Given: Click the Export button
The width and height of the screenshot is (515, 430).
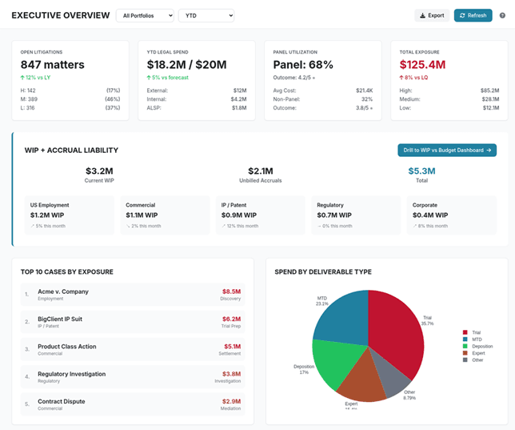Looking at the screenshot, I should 432,15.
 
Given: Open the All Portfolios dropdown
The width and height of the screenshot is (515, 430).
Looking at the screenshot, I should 145,15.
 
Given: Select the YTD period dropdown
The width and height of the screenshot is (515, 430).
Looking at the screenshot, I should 206,15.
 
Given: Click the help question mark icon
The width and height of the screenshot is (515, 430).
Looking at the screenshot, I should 502,15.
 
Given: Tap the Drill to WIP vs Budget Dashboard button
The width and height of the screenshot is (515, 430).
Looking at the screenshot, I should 447,150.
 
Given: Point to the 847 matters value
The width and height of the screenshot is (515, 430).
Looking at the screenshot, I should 53,64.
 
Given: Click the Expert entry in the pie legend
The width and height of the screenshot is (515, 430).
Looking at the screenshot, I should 477,352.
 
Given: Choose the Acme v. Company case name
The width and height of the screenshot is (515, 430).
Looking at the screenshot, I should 63,291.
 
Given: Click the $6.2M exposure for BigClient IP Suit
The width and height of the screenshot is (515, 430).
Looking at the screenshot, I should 230,319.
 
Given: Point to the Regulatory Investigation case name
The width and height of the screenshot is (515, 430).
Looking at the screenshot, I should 71,374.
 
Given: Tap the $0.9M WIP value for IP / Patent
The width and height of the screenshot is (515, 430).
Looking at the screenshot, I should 239,215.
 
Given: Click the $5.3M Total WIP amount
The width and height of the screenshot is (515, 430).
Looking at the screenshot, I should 421,171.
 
